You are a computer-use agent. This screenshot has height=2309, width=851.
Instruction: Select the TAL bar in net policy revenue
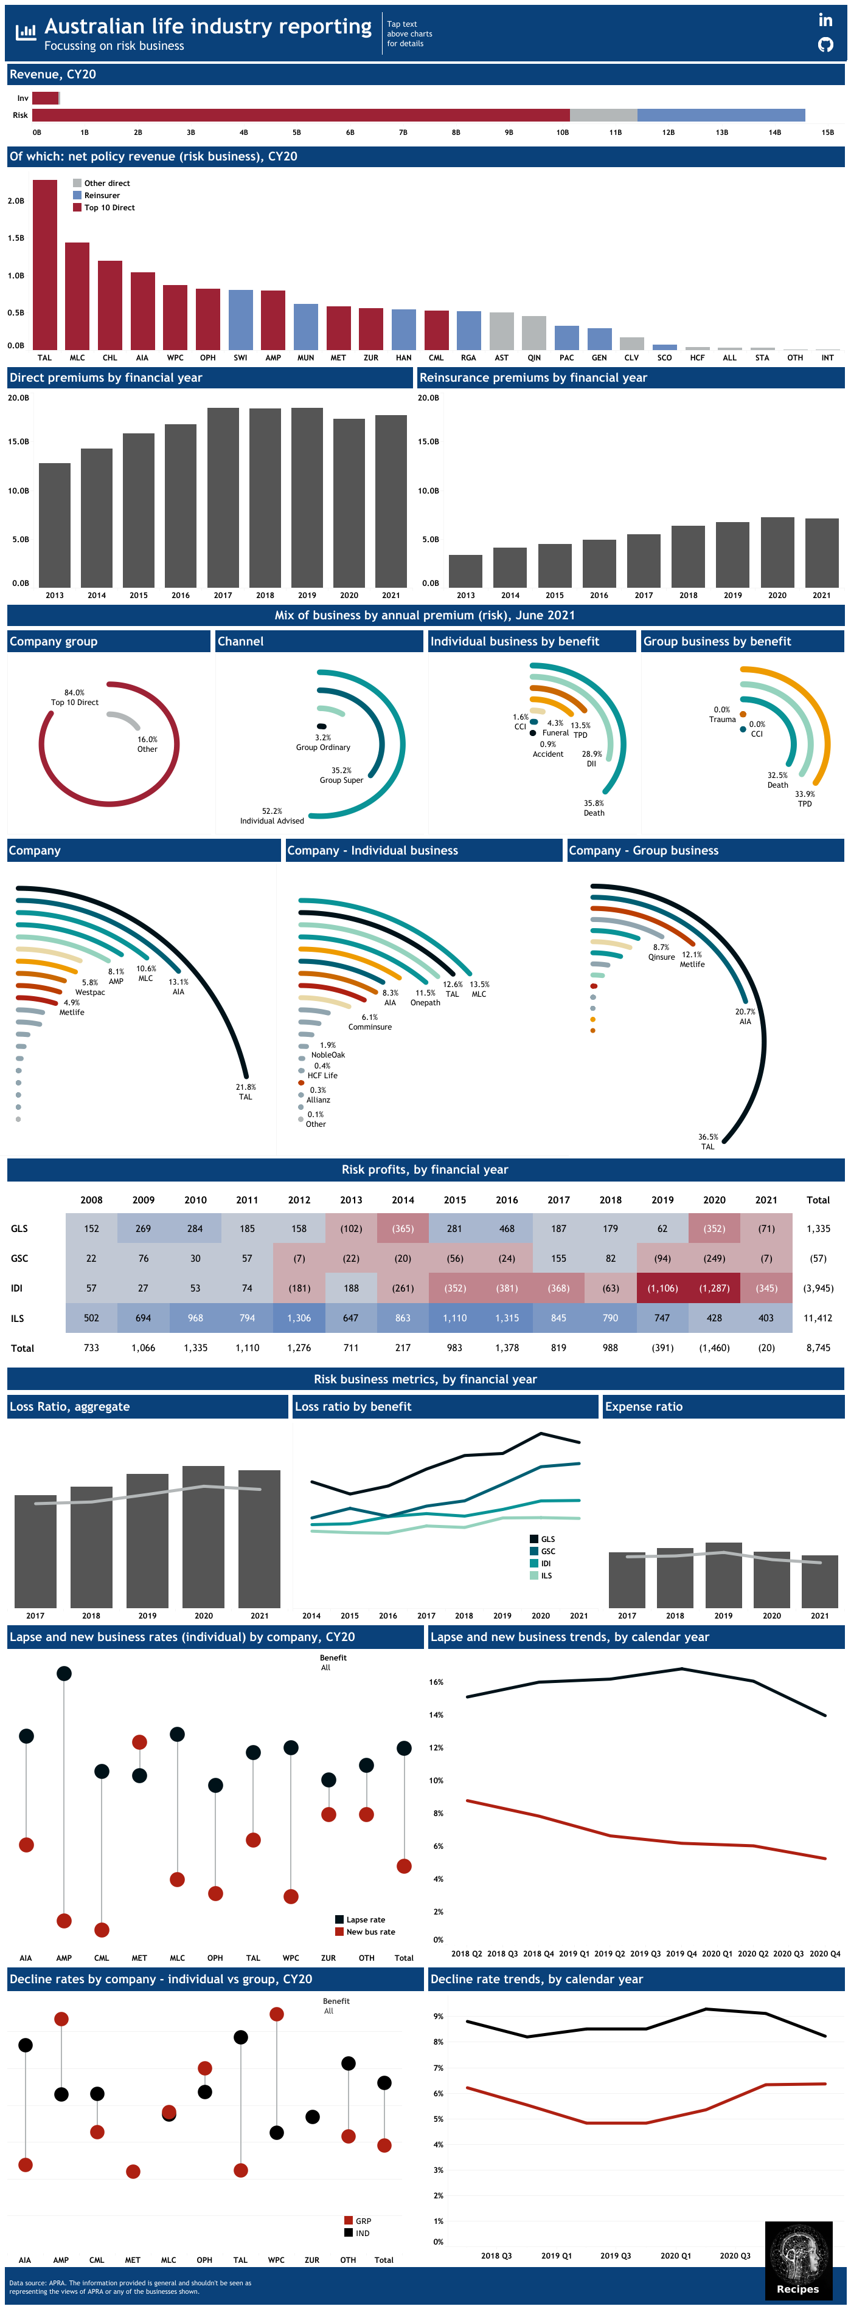pos(45,264)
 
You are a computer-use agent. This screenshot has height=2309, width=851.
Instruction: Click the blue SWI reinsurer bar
pos(240,319)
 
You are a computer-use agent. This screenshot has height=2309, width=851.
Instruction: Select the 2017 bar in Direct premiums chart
pos(223,497)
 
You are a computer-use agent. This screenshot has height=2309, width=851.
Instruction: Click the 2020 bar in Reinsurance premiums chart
pos(777,552)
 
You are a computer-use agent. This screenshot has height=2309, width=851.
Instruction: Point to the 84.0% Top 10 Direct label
pos(74,697)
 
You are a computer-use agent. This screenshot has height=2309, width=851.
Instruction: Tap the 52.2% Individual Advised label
pos(272,816)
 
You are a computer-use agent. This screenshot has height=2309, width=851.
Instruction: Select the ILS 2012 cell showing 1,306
pos(299,1318)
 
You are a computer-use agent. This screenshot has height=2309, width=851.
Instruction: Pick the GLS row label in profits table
pos(19,1228)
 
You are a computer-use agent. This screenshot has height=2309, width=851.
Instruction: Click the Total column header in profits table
pos(818,1199)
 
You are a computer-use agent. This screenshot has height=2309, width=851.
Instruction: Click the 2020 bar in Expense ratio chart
pos(771,1580)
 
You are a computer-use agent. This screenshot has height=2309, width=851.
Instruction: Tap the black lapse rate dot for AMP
pos(64,1673)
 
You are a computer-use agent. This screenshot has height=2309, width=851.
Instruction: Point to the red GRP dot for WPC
pos(276,2014)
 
